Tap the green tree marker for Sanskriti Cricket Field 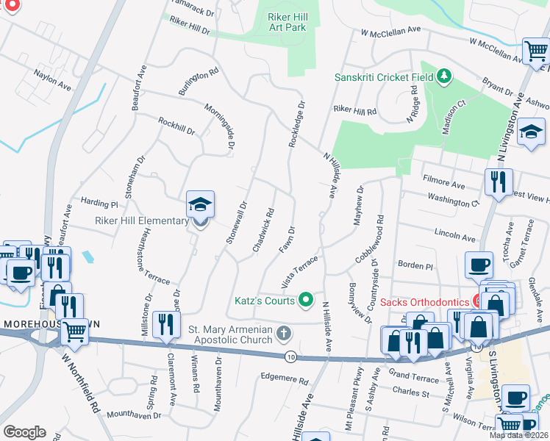tap(443, 76)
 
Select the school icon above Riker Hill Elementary tap(198, 206)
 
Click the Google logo tap(24, 431)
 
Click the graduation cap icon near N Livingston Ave tap(531, 134)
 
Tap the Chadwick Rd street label tap(263, 230)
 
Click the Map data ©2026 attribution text tap(518, 435)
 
